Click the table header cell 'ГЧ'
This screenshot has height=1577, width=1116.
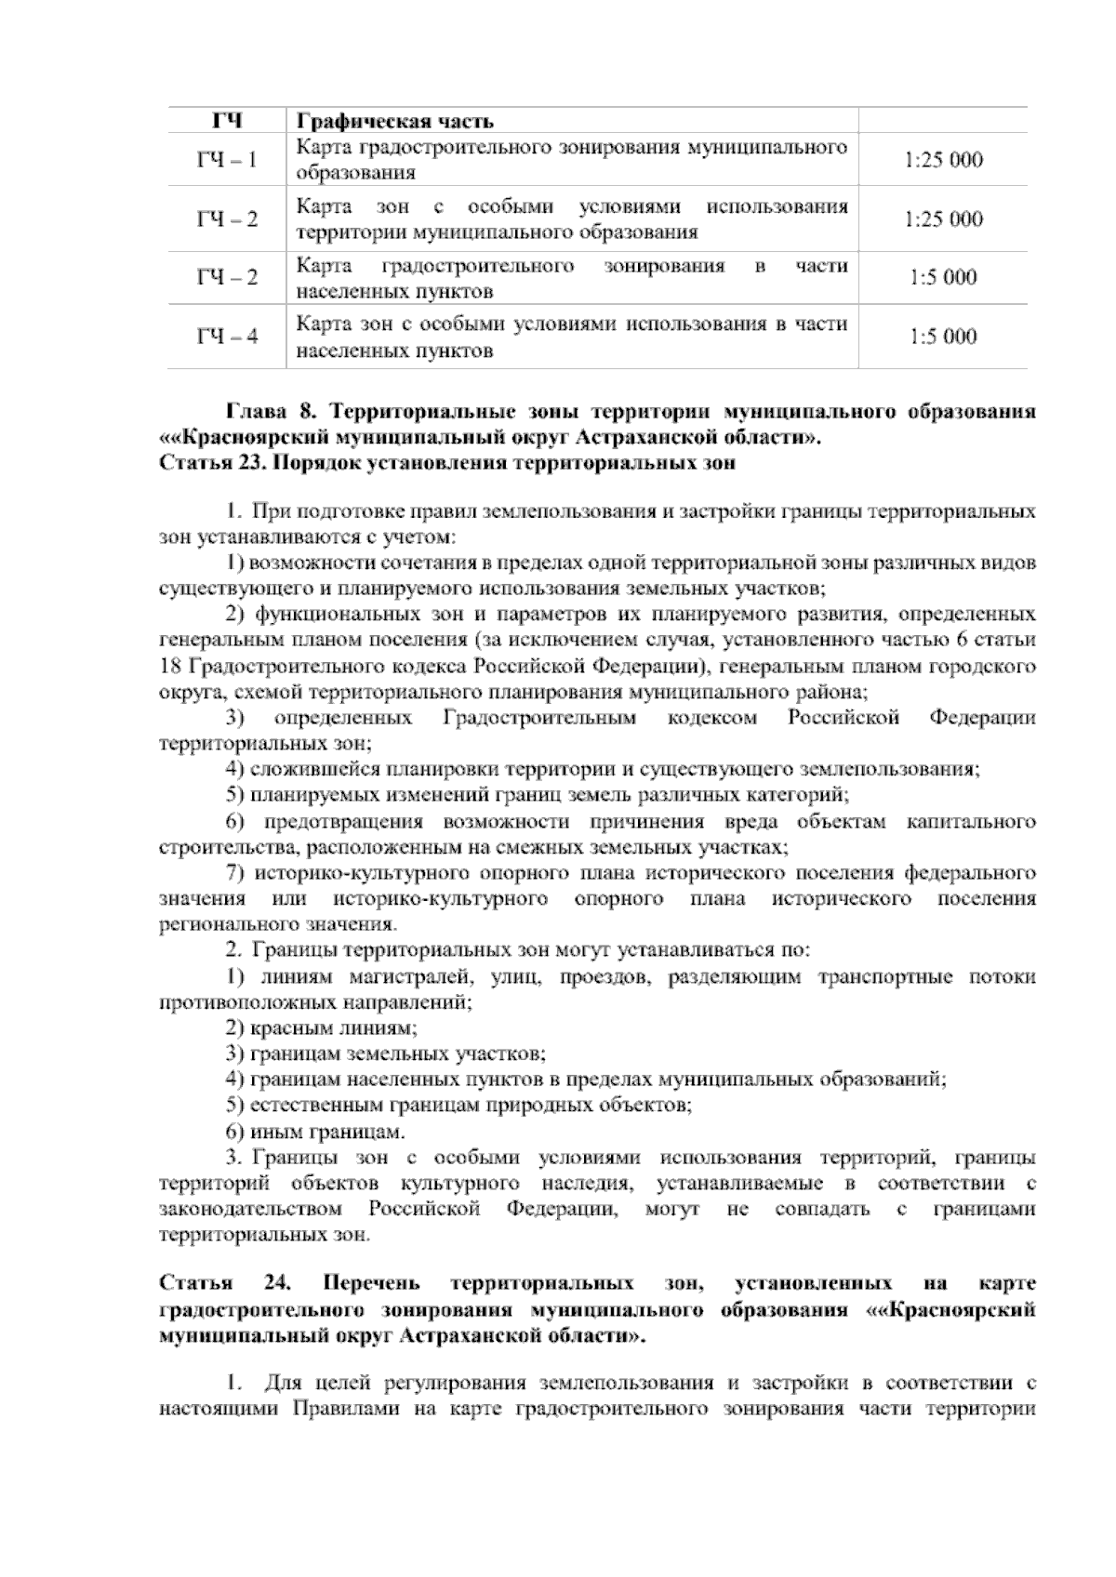(x=227, y=121)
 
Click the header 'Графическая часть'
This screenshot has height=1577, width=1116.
(x=394, y=122)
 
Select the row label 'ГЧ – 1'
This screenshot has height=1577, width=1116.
(x=227, y=160)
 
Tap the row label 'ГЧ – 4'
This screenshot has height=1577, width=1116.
(x=227, y=337)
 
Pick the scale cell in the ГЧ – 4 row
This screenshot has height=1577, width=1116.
(x=942, y=337)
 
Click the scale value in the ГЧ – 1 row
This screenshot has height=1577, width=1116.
(x=942, y=160)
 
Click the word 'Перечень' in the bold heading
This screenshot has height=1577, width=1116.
(x=371, y=1284)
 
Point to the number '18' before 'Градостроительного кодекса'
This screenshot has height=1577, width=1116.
(x=170, y=666)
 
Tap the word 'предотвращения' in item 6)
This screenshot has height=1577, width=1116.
(x=344, y=822)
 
